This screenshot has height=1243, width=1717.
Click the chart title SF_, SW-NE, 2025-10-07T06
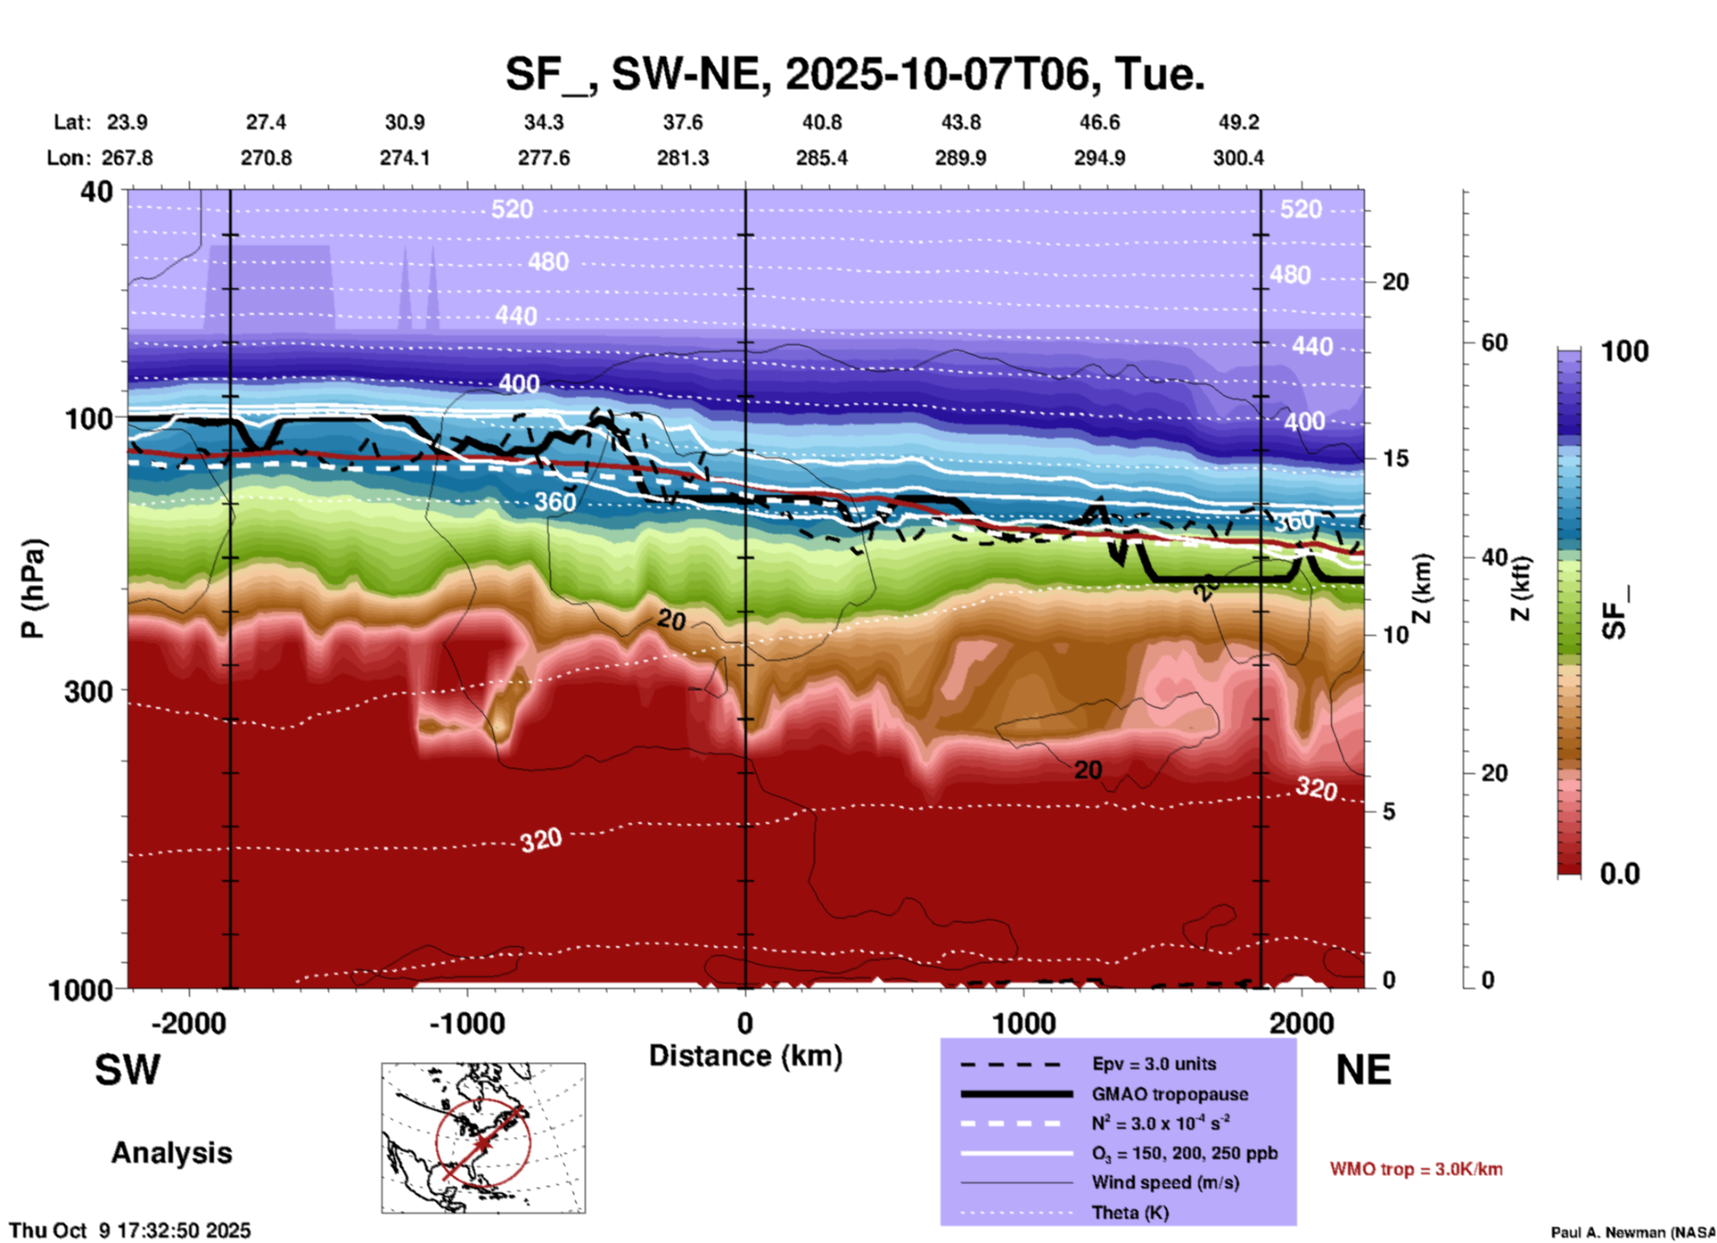pyautogui.click(x=854, y=75)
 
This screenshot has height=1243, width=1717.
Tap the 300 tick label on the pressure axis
pyautogui.click(x=89, y=691)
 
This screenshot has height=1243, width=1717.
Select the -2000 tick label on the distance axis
pyautogui.click(x=188, y=1024)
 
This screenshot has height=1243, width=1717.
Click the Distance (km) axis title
pyautogui.click(x=745, y=1056)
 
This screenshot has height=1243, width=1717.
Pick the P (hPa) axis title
pyautogui.click(x=33, y=589)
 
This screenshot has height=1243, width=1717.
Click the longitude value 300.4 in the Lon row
pyautogui.click(x=1237, y=158)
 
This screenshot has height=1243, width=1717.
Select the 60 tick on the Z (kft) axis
pyautogui.click(x=1494, y=343)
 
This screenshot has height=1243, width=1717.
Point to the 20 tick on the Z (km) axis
pyautogui.click(x=1395, y=282)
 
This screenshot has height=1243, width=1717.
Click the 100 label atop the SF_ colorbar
pyautogui.click(x=1624, y=351)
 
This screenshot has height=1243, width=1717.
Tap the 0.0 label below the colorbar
pyautogui.click(x=1620, y=874)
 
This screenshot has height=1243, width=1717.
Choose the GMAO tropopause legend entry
pyautogui.click(x=1170, y=1094)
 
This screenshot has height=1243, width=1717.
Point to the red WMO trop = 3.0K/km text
pyautogui.click(x=1416, y=1169)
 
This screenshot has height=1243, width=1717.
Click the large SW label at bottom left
pyautogui.click(x=127, y=1070)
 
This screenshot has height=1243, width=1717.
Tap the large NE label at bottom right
pyautogui.click(x=1363, y=1070)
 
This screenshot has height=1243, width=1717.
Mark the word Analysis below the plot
pyautogui.click(x=171, y=1153)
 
